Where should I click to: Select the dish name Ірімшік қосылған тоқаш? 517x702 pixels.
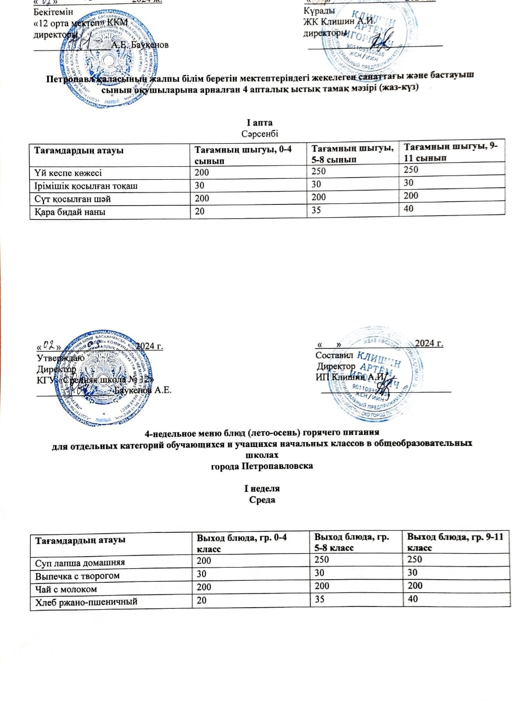pos(82,185)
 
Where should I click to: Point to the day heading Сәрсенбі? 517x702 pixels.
pos(260,132)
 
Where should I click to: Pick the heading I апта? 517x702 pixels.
pos(260,121)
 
